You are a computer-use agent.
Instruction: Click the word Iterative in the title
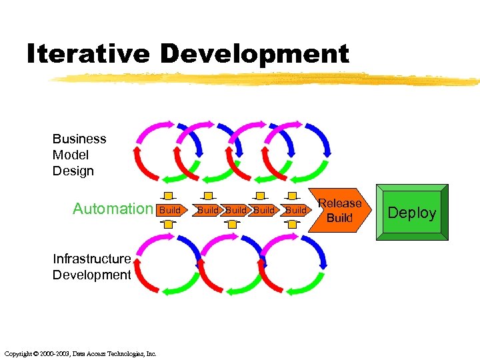pyautogui.click(x=88, y=54)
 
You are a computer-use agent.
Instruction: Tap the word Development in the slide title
pyautogui.click(x=255, y=54)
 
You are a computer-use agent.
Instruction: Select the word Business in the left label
pyautogui.click(x=79, y=139)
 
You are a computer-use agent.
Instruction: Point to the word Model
pyautogui.click(x=71, y=155)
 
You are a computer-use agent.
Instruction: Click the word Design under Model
pyautogui.click(x=73, y=171)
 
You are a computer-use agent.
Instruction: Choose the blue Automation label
pyautogui.click(x=113, y=209)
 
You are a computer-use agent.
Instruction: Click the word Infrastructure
pyautogui.click(x=91, y=259)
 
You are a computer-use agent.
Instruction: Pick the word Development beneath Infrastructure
pyautogui.click(x=91, y=275)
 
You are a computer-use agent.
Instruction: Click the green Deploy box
pyautogui.click(x=411, y=213)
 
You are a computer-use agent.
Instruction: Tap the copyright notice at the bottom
pyautogui.click(x=80, y=353)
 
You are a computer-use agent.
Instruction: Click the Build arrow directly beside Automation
pyautogui.click(x=171, y=210)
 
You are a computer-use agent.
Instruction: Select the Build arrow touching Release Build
pyautogui.click(x=295, y=210)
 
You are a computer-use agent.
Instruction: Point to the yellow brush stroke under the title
pyautogui.click(x=267, y=79)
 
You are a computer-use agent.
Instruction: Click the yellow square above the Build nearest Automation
pyautogui.click(x=169, y=196)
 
